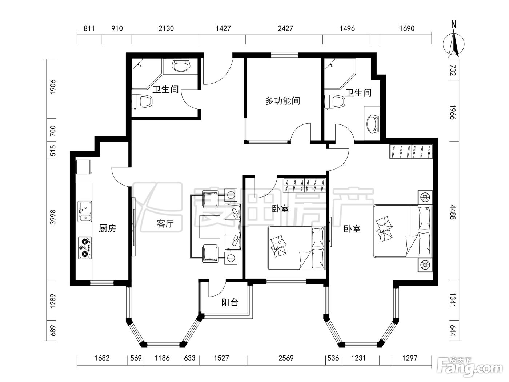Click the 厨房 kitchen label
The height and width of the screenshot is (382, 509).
point(107,228)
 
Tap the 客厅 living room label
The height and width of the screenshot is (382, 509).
point(165,224)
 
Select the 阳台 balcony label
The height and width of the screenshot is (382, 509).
point(229,302)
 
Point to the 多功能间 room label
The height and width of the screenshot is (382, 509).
point(282,101)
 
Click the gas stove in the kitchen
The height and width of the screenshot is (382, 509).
point(85,248)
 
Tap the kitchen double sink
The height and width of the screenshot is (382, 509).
point(85,211)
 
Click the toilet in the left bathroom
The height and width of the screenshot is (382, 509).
point(142,102)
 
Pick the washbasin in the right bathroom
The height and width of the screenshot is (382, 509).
point(373,124)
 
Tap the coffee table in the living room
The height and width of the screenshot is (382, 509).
point(210,227)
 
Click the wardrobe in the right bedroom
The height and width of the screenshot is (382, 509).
point(411,151)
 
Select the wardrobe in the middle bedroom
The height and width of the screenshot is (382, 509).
point(304,185)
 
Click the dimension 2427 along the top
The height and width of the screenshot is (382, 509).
point(285,28)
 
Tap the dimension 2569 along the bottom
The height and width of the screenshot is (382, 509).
point(286,358)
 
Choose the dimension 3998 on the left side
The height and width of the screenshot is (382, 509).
point(53,217)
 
